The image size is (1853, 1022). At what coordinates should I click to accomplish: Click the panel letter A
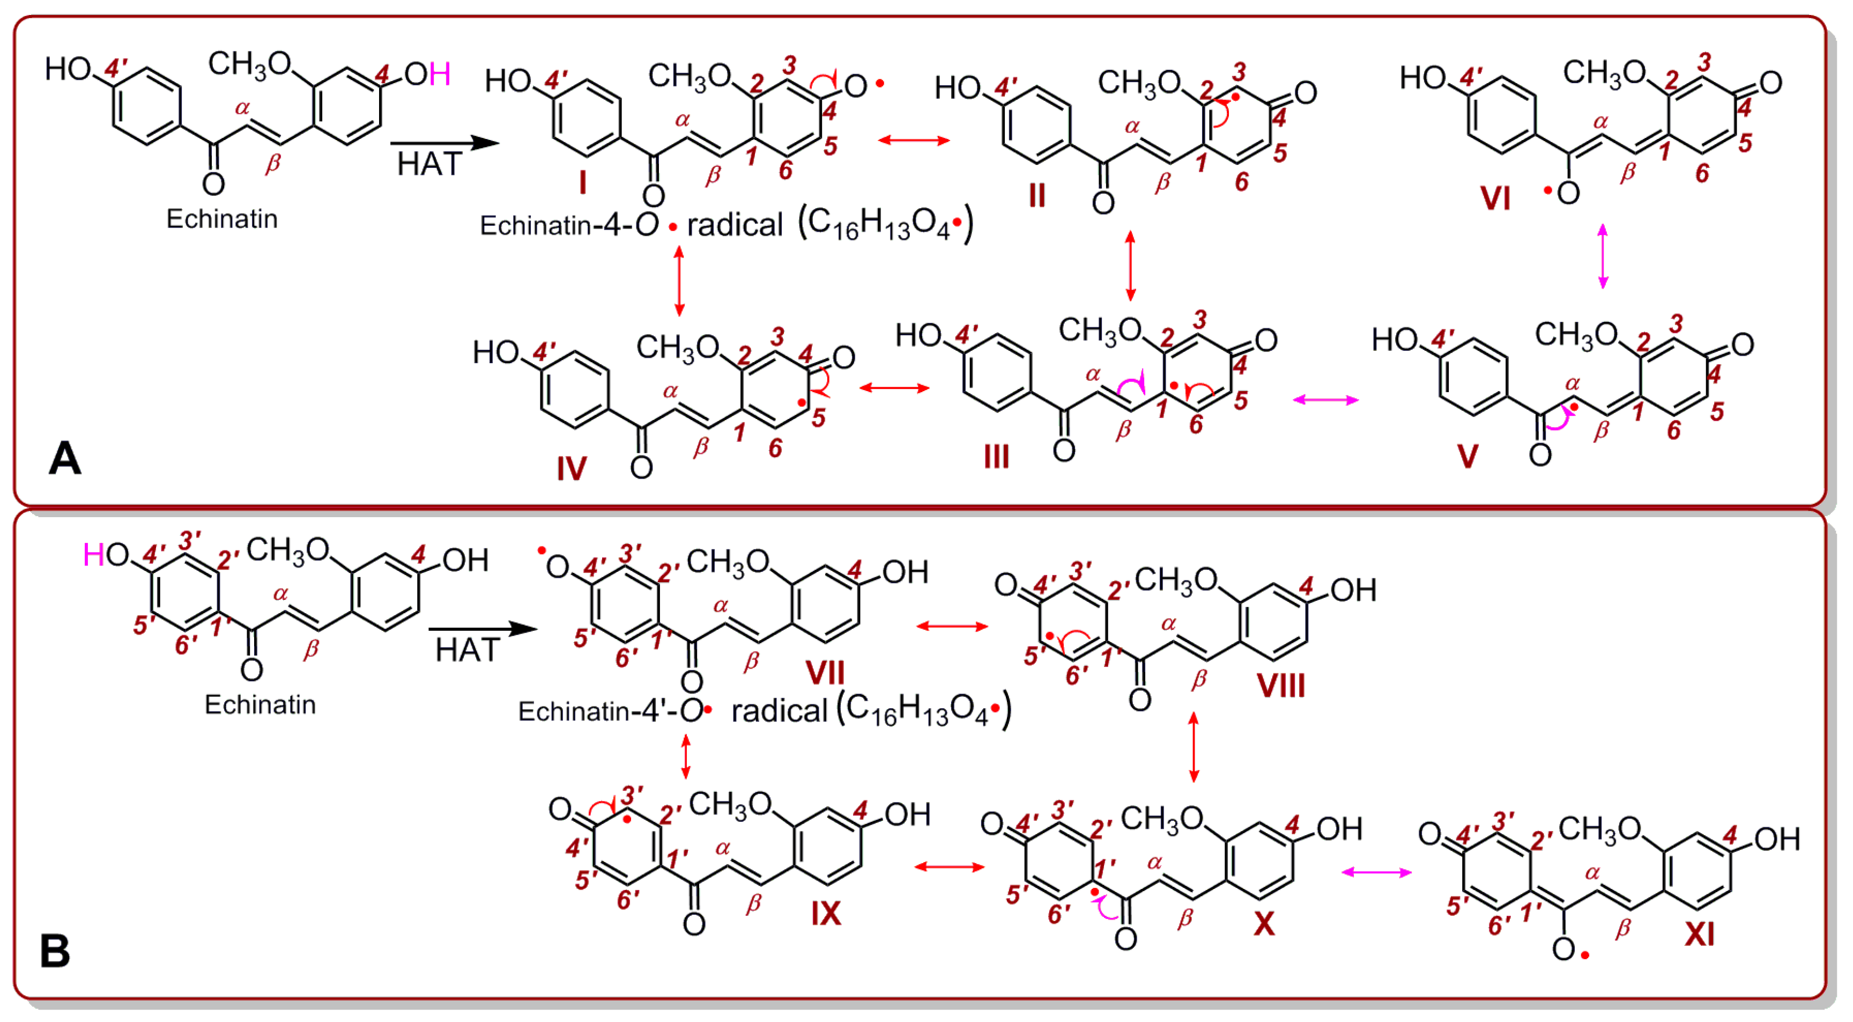point(65,459)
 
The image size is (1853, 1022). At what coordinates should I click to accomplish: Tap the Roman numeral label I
point(583,183)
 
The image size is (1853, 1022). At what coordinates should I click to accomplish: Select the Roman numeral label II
point(1036,195)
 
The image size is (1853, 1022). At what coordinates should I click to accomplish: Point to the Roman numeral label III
point(996,457)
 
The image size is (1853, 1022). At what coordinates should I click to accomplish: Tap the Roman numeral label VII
point(825,673)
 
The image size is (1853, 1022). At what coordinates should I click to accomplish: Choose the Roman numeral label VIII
point(1281,685)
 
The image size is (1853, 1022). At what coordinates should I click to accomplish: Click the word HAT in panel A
point(429,165)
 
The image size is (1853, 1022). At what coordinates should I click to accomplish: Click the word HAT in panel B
point(468,650)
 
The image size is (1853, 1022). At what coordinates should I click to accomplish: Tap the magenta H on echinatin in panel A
point(440,74)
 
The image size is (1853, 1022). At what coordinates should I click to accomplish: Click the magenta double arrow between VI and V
point(1603,256)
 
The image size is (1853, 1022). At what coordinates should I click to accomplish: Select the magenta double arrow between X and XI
point(1377,872)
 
